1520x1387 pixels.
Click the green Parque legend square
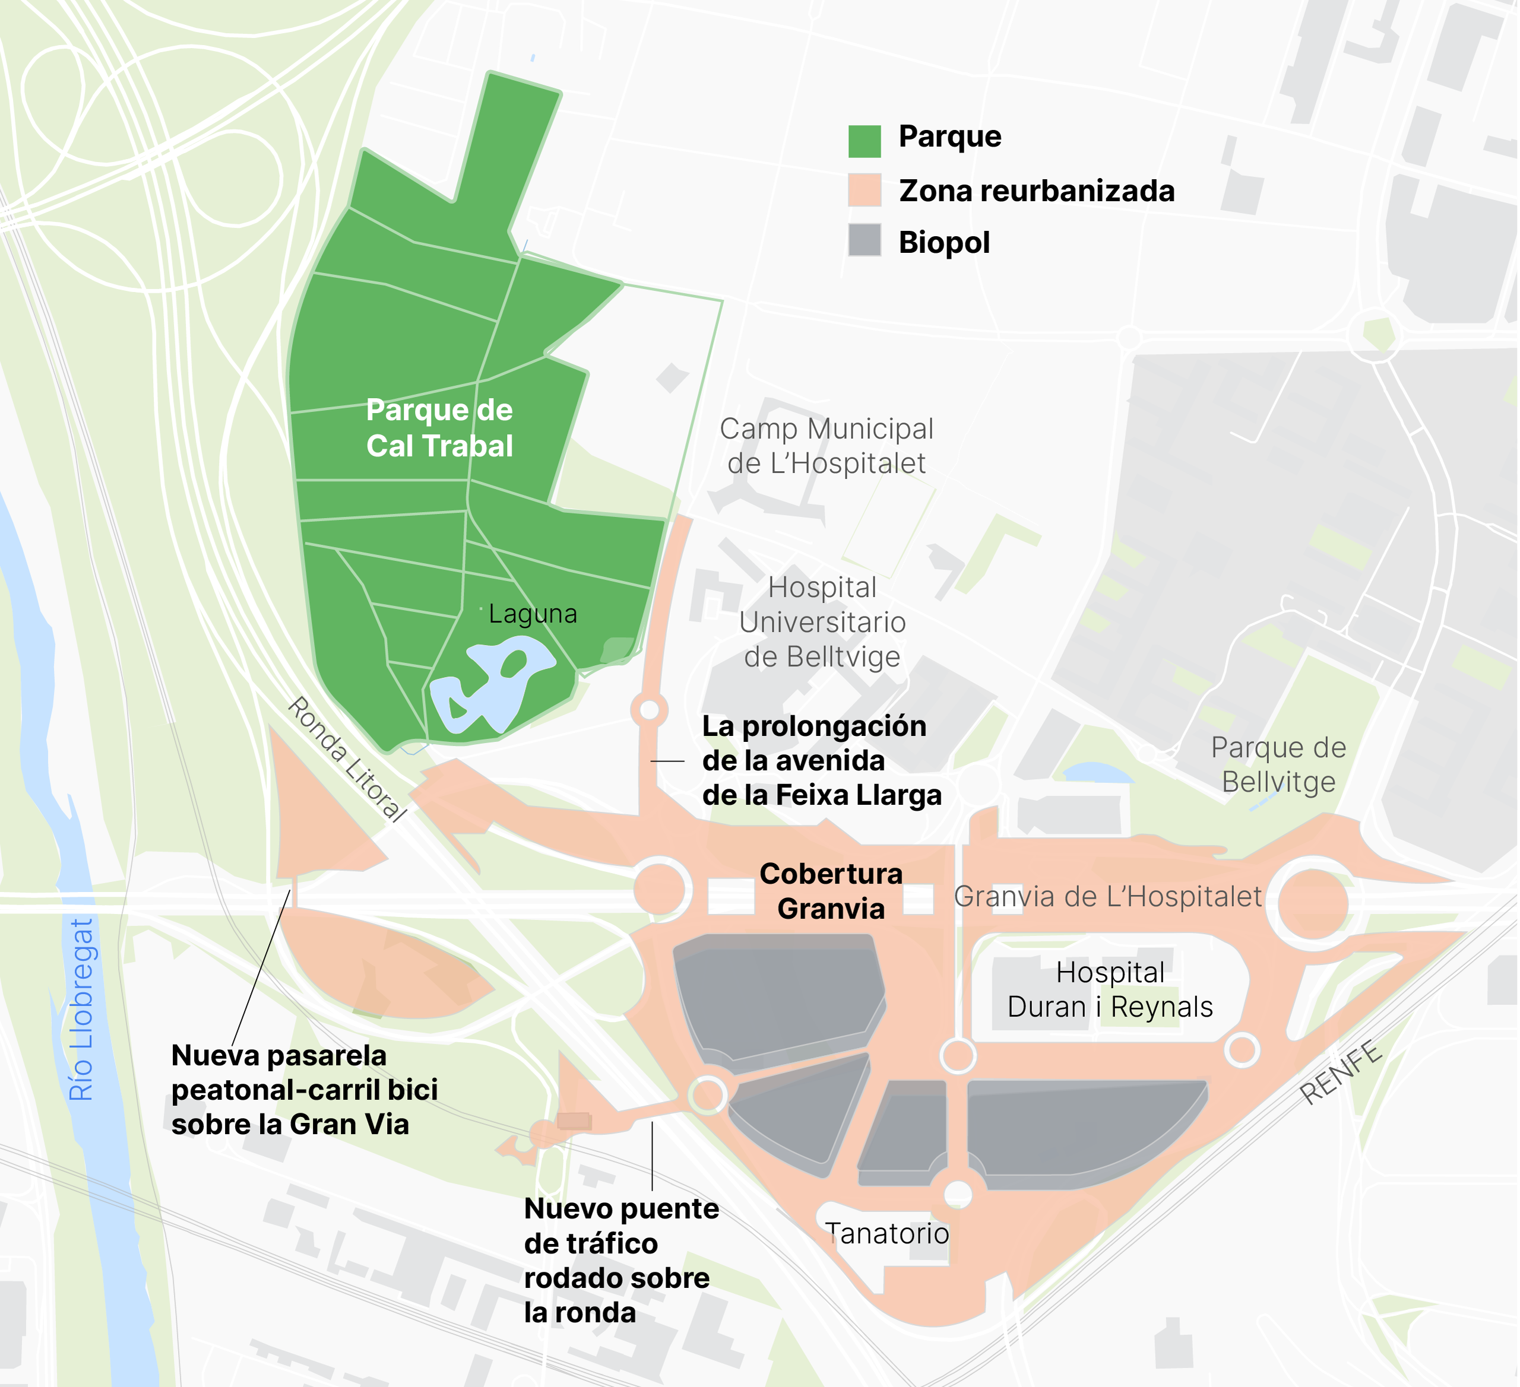click(x=865, y=141)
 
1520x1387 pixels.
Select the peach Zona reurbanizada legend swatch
click(x=865, y=190)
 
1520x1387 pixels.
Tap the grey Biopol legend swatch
click(x=865, y=240)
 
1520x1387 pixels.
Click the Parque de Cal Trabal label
click(x=439, y=428)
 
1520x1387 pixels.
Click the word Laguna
click(x=533, y=614)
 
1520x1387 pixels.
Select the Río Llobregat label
click(x=81, y=1010)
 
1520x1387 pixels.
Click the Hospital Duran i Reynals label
click(x=1110, y=990)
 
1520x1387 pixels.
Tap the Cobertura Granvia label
click(x=831, y=891)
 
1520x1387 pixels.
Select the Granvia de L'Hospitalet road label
click(x=1107, y=896)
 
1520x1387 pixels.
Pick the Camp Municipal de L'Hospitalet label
click(x=826, y=446)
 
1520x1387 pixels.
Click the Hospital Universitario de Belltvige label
click(x=822, y=622)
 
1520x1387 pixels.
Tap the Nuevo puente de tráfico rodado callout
click(x=620, y=1261)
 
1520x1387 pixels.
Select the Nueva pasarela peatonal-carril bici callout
click(x=305, y=1090)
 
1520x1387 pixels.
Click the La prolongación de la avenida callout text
click(x=821, y=761)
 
